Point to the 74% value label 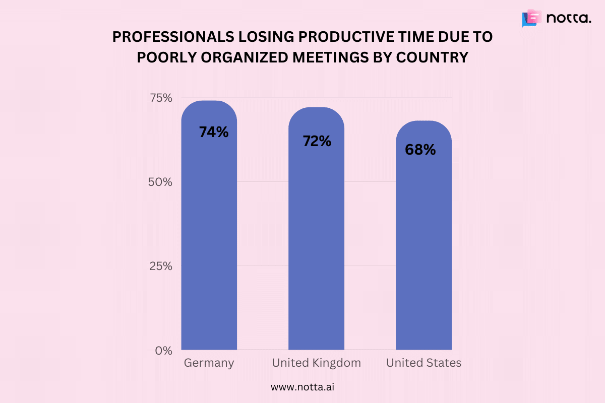214,132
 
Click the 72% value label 317,141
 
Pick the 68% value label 420,150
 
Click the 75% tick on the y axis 161,98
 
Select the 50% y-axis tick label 160,182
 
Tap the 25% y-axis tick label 161,266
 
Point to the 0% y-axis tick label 164,350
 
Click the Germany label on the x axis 209,363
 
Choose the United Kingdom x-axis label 316,363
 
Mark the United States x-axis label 423,363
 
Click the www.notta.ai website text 302,387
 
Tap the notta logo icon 531,18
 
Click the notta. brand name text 569,19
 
